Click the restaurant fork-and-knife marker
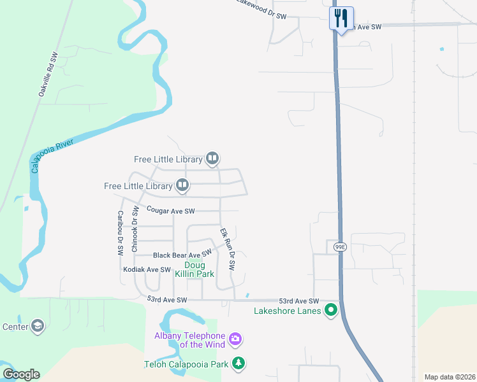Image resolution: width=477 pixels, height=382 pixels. pos(341,18)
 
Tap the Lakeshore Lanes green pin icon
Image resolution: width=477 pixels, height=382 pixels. pos(331,311)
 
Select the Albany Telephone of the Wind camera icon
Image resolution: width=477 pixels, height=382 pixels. pos(235,339)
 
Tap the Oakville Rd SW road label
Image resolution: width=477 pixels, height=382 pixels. pos(48,74)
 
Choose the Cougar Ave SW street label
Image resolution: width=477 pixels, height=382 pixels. pos(170,210)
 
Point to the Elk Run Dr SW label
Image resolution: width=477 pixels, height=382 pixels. pos(227,250)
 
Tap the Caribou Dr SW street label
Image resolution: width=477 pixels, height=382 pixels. pos(120,233)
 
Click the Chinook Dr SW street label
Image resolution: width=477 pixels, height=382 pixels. pos(135,229)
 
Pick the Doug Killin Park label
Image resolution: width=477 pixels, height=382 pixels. pos(194,269)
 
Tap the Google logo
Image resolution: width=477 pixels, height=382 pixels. pos(21,374)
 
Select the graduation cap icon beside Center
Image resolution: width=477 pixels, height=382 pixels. pos(38,327)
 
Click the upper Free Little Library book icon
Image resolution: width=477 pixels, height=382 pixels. pos(212,159)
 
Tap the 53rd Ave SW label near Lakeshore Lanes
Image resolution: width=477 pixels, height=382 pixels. pos(298,301)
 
